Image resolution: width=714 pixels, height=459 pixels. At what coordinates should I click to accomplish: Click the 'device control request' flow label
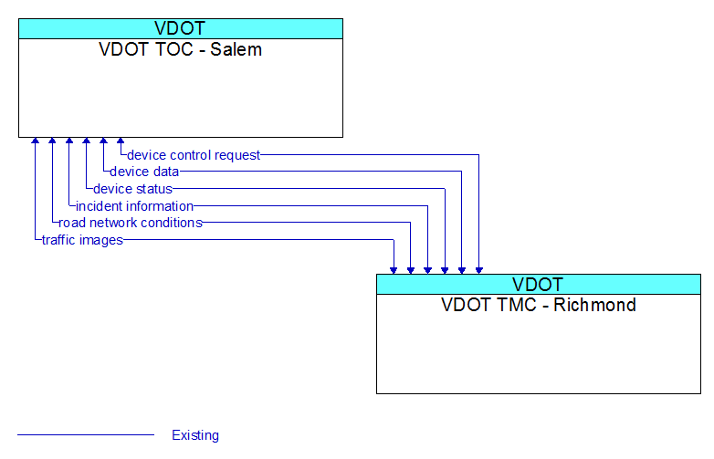point(194,155)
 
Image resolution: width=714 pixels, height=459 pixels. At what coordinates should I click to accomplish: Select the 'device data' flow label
point(144,172)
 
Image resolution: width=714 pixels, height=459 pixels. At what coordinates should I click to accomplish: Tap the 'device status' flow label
point(132,189)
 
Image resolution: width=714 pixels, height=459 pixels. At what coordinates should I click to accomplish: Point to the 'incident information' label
point(134,206)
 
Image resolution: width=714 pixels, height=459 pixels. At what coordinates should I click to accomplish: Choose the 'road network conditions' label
point(131,223)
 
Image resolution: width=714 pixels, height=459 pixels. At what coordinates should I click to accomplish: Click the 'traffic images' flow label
point(82,240)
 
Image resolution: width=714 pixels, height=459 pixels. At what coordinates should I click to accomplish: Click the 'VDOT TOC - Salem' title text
point(180,49)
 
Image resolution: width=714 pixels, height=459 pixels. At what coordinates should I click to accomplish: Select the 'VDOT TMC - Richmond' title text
point(538,305)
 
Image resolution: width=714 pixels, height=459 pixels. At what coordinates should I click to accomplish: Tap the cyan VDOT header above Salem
point(181,28)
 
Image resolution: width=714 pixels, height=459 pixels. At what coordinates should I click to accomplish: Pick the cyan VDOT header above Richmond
point(539,285)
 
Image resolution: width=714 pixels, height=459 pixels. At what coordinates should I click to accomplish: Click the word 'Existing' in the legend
point(195,435)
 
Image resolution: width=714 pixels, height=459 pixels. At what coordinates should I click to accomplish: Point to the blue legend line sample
point(86,435)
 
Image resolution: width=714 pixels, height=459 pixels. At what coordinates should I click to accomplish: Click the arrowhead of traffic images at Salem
point(35,141)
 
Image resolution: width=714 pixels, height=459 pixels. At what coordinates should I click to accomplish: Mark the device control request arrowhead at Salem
point(121,141)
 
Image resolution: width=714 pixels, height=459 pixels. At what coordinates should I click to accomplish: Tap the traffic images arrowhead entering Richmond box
point(394,271)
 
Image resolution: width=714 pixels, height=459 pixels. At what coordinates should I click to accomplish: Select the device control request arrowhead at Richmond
point(479,271)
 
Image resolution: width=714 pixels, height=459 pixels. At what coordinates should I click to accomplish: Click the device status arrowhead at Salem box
point(86,141)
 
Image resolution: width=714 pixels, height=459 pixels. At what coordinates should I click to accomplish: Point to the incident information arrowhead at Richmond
point(427,271)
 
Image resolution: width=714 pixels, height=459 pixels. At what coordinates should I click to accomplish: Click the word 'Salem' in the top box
point(236,49)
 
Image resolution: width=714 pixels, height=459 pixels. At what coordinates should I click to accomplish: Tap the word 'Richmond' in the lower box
point(594,305)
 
